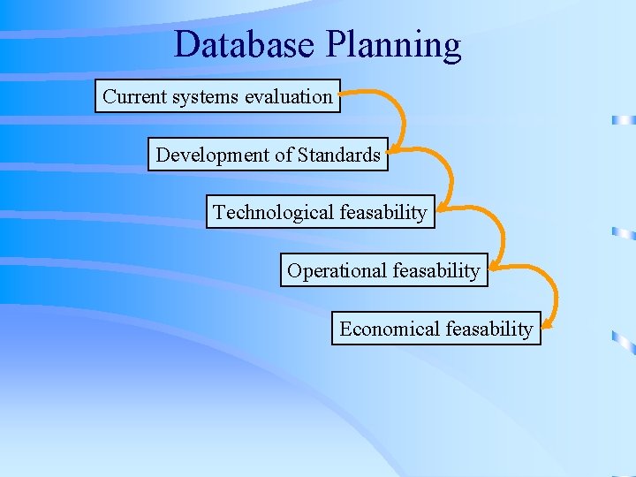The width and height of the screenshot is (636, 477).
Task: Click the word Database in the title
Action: (238, 44)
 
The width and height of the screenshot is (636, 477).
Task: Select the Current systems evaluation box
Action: (217, 96)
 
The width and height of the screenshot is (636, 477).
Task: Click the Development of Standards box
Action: (268, 155)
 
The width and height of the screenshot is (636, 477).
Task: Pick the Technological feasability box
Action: (320, 212)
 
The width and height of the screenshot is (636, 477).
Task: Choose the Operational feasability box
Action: (383, 270)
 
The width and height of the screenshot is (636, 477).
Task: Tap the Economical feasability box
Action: (435, 329)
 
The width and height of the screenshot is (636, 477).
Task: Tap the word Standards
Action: (338, 155)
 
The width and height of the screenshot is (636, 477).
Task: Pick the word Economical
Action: (390, 329)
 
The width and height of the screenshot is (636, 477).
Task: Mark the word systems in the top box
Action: (203, 97)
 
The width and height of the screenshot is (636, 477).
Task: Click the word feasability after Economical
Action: (489, 329)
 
